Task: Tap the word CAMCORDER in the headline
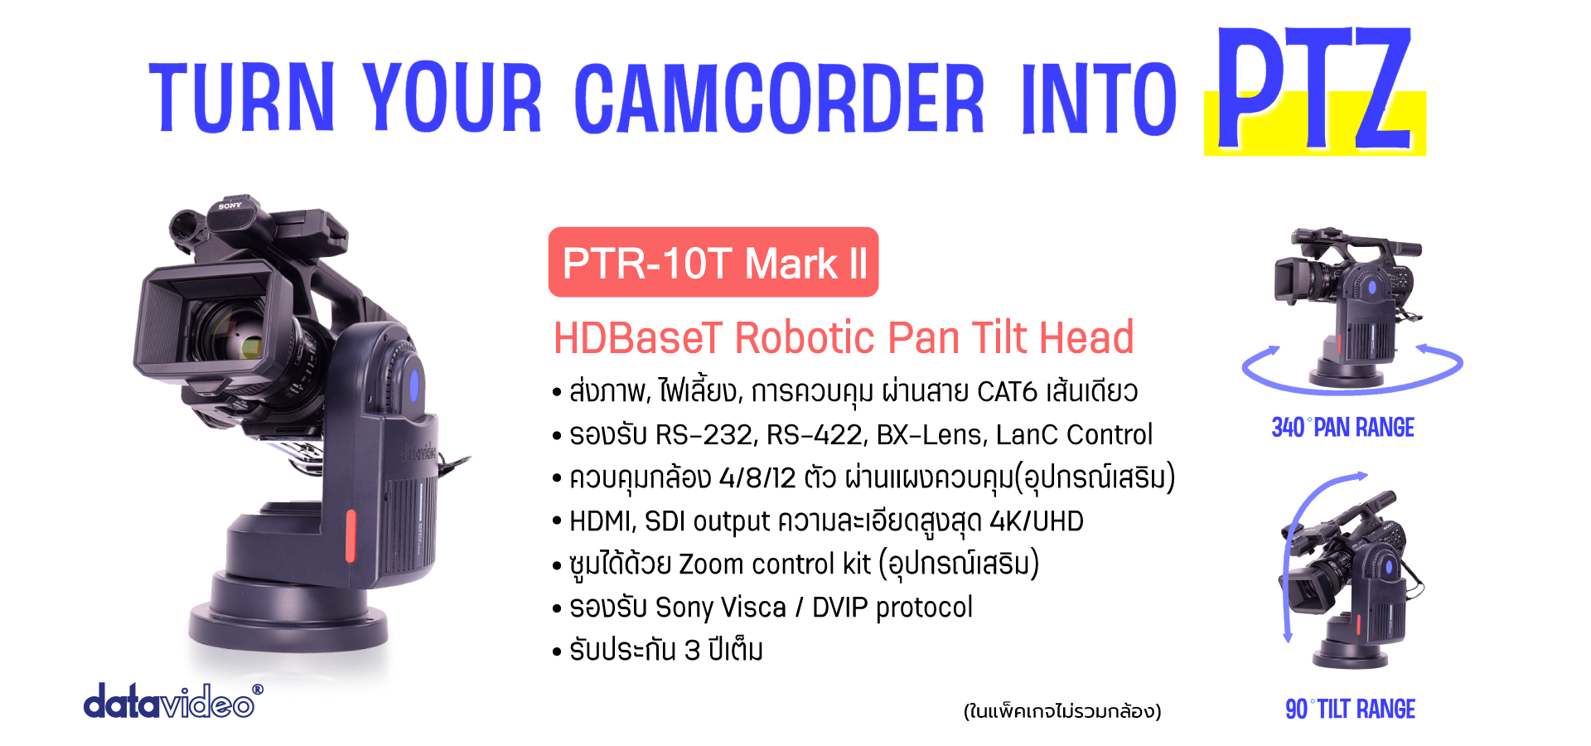(780, 98)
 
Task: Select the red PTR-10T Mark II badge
(713, 262)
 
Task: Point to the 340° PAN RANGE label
(1342, 428)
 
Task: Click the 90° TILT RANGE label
(1350, 710)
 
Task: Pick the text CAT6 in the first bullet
(1007, 391)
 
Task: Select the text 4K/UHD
(1037, 521)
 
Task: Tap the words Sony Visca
(720, 608)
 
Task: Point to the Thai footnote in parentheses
(1062, 711)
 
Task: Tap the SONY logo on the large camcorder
(230, 206)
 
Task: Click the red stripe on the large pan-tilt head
(351, 535)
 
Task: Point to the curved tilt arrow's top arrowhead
(1360, 476)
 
